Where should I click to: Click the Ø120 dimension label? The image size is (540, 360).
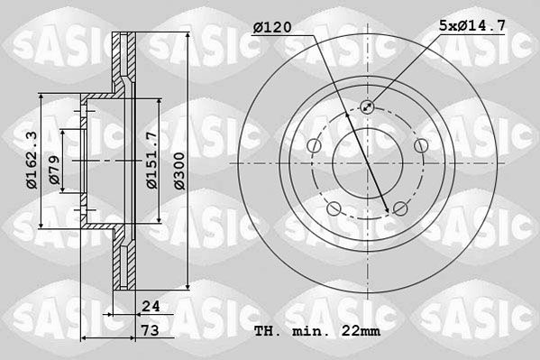272,27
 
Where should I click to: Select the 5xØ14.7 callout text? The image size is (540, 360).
472,25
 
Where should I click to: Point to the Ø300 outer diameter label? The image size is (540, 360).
179,171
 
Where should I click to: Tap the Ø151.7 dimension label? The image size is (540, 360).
151,160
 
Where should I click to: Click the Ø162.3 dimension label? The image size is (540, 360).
32,161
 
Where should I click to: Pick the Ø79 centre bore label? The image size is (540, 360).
54,170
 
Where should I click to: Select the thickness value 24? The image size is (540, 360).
151,306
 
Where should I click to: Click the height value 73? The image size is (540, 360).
151,330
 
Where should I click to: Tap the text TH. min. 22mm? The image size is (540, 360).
317,331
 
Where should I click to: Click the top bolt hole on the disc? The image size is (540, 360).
367,106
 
